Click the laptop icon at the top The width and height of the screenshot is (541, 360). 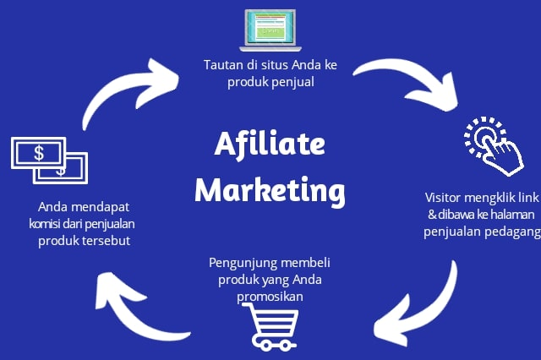(270, 30)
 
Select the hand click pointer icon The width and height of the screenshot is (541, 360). (494, 145)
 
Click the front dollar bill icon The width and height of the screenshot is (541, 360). (38, 153)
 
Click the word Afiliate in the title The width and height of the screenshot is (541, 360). (270, 144)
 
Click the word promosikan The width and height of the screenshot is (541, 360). (270, 297)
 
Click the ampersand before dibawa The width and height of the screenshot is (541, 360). (432, 215)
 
